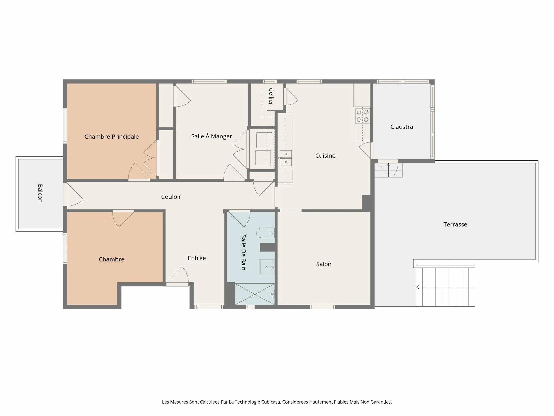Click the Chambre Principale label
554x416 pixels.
(112, 137)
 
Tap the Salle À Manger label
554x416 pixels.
(212, 136)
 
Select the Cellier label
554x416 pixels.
(271, 96)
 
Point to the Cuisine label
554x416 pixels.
(325, 156)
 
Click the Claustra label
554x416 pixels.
(402, 127)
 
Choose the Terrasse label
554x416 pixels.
(455, 224)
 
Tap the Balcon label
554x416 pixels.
(40, 193)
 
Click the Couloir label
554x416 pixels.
(171, 197)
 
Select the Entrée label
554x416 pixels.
(197, 258)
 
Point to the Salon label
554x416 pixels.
(324, 264)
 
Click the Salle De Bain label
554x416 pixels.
(244, 252)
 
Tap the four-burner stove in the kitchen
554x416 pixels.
(363, 116)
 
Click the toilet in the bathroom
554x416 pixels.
(265, 233)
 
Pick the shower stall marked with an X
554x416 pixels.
(255, 294)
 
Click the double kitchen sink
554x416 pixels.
(286, 158)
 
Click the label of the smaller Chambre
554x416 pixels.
(112, 259)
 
